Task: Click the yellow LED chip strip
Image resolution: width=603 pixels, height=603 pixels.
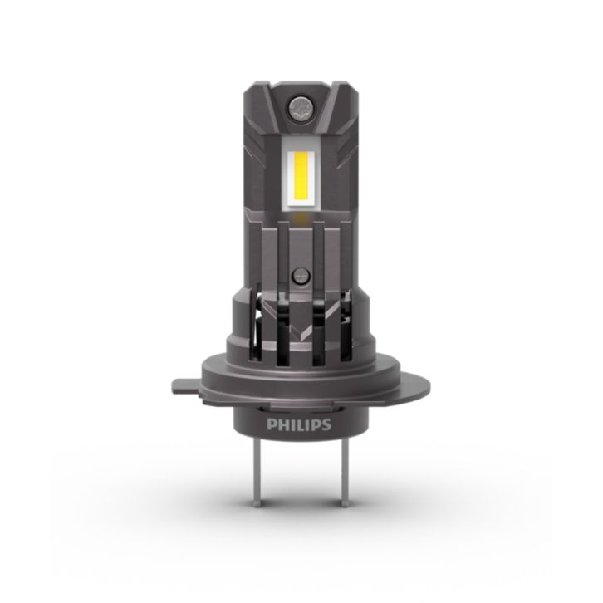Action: (301, 175)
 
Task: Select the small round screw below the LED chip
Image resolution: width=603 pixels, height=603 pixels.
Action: (301, 276)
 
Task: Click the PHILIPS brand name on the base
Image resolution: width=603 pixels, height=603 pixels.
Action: (299, 424)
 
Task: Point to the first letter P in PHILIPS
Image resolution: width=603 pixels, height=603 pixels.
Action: (271, 424)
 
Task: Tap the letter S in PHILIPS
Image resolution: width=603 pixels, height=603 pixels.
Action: (326, 424)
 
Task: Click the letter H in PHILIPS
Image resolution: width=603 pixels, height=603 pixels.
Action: (282, 424)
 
